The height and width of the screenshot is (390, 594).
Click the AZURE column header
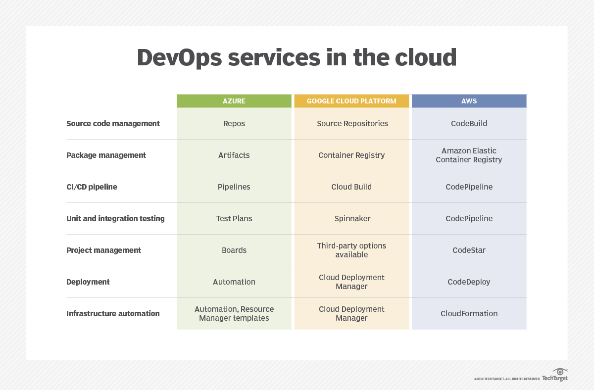(234, 101)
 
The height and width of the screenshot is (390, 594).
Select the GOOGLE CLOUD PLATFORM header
(351, 101)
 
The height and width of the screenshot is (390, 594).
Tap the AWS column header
(469, 101)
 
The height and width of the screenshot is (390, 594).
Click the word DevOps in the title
(179, 58)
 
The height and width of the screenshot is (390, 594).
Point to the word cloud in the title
(426, 57)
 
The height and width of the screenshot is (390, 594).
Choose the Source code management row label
(113, 124)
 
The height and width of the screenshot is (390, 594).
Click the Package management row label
(106, 155)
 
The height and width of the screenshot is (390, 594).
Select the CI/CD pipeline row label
(92, 187)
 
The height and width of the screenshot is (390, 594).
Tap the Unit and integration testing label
(115, 218)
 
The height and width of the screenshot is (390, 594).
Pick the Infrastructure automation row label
(113, 313)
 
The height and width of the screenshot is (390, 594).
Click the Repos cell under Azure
(234, 124)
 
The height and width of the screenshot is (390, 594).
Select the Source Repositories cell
(352, 124)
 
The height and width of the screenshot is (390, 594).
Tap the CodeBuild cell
(469, 124)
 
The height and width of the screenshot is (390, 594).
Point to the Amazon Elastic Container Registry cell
(469, 155)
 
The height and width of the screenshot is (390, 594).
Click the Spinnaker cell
(352, 219)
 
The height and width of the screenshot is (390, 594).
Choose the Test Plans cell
(234, 218)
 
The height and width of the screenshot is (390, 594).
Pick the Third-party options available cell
(351, 250)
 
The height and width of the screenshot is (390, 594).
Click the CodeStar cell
(469, 250)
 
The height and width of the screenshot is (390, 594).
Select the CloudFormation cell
(469, 313)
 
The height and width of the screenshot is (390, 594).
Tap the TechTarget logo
(555, 375)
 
